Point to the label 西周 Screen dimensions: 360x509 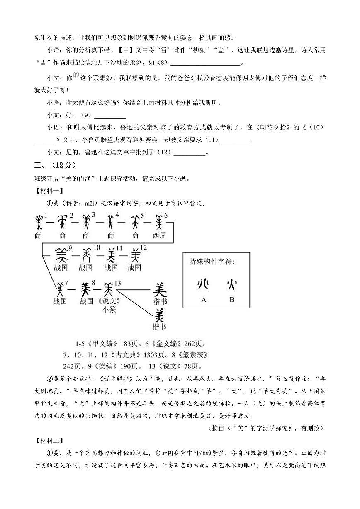[x=159, y=235]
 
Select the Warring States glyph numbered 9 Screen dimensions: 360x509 [x=61, y=255]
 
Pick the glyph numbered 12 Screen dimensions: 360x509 [x=135, y=255]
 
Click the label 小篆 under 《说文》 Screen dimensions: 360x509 [x=109, y=309]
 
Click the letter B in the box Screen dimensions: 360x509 [x=232, y=299]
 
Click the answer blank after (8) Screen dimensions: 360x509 [x=205, y=63]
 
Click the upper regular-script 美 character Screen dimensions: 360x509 [x=160, y=289]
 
